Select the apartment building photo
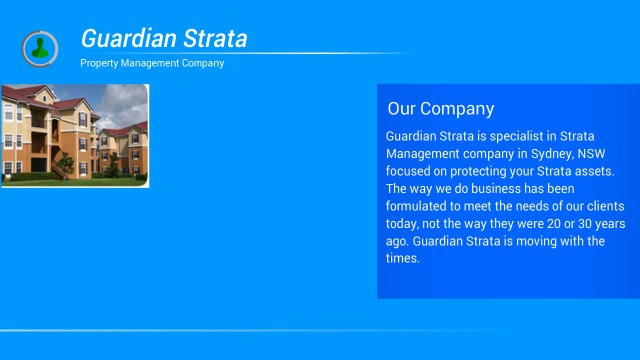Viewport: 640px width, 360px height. pyautogui.click(x=75, y=134)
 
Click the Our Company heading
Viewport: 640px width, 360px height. pyautogui.click(x=441, y=109)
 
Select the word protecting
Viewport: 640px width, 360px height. pyautogui.click(x=468, y=171)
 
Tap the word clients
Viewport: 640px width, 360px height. pyautogui.click(x=601, y=206)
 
